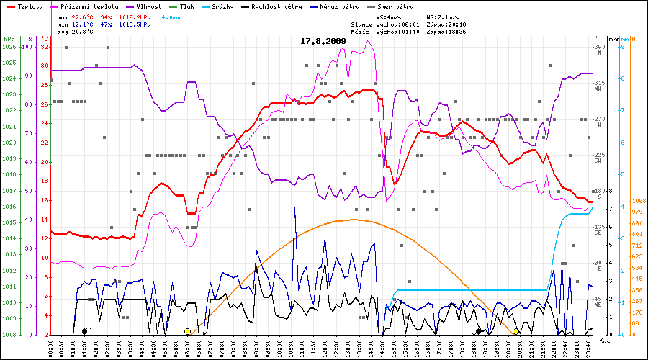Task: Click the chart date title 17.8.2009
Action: (x=323, y=41)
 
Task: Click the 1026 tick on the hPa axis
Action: (x=9, y=47)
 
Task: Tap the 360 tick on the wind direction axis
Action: (x=600, y=47)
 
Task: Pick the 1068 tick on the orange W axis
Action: (x=637, y=201)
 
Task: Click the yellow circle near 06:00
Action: (x=188, y=331)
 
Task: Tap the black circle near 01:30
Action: (x=85, y=331)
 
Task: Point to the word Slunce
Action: (x=362, y=24)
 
